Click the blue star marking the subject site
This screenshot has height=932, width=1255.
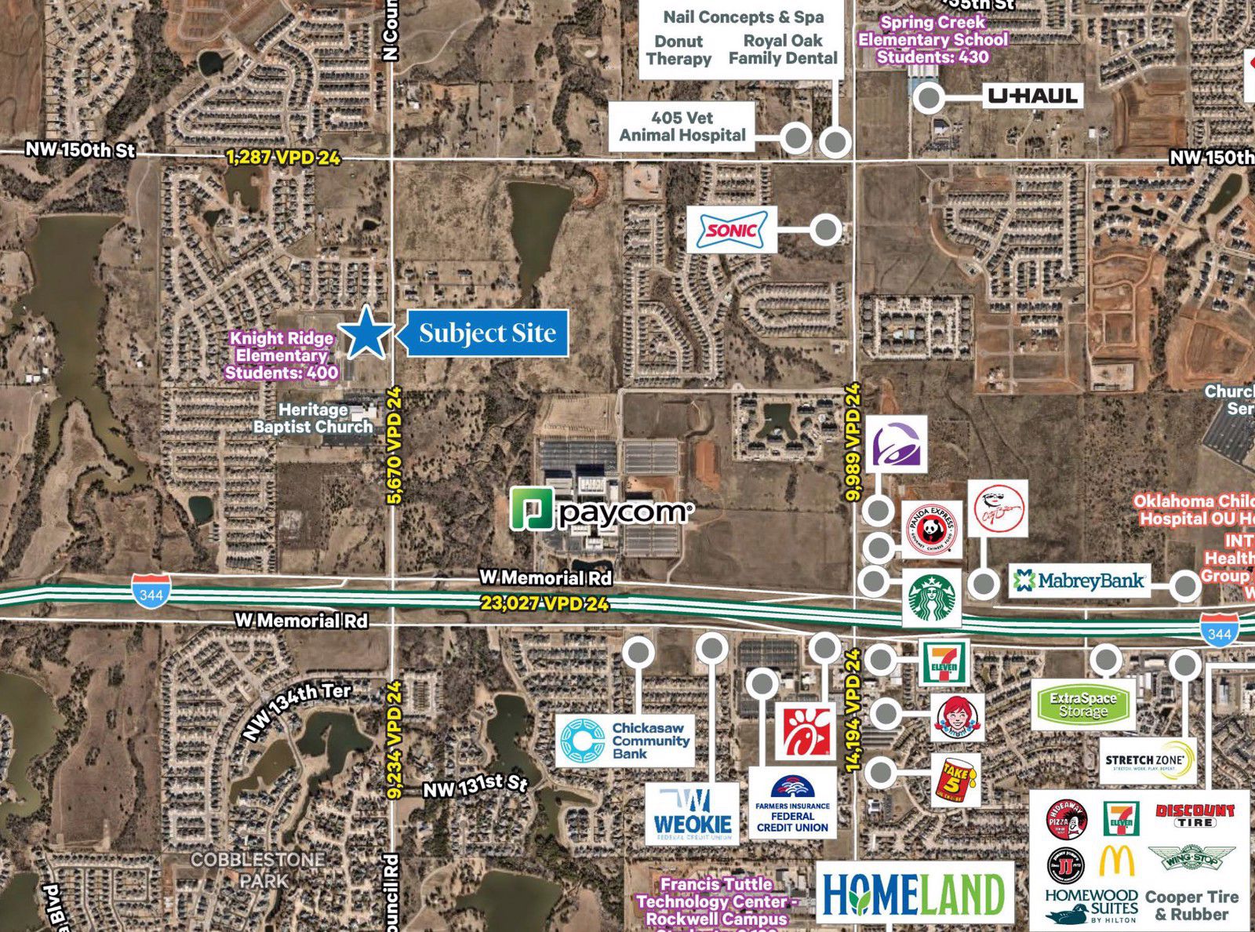(x=366, y=333)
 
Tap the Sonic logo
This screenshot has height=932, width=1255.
(x=732, y=230)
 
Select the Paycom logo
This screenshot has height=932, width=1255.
(x=602, y=511)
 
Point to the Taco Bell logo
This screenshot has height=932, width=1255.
(x=897, y=445)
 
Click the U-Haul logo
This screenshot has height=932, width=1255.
(x=1033, y=96)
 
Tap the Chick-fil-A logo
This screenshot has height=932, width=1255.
(x=805, y=731)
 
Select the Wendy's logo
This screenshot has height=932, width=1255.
(x=957, y=716)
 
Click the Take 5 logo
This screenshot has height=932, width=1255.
(x=956, y=780)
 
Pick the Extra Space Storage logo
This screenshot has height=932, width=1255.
(x=1083, y=705)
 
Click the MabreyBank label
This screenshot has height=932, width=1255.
(x=1079, y=581)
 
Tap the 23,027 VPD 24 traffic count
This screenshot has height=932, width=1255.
(x=544, y=604)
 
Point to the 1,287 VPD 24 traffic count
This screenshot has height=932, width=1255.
(x=283, y=158)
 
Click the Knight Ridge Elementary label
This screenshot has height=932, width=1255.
(x=282, y=355)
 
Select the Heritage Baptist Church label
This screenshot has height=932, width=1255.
(x=313, y=418)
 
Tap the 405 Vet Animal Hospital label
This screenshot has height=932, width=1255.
(x=682, y=126)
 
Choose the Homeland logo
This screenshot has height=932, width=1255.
(x=915, y=894)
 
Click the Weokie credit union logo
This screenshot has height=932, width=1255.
(x=693, y=814)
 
